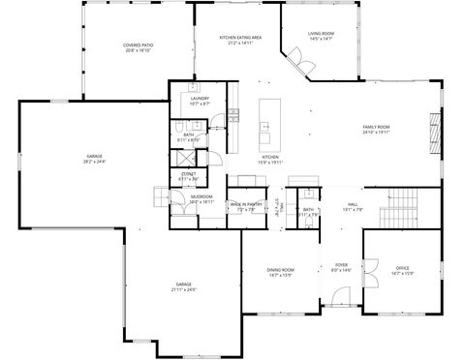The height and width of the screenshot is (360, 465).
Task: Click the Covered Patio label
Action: [x=138, y=47]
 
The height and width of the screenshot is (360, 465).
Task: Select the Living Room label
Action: [x=321, y=37]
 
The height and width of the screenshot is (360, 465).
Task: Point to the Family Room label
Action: [x=376, y=130]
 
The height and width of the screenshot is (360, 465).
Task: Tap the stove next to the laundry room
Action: [x=233, y=116]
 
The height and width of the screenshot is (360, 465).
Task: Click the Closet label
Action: [x=189, y=176]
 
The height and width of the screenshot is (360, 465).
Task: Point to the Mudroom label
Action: [x=201, y=199]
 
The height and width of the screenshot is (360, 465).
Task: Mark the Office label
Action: [x=403, y=271]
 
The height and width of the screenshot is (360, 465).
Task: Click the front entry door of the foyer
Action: [x=341, y=311]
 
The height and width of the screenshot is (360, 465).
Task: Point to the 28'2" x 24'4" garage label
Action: [x=95, y=158]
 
